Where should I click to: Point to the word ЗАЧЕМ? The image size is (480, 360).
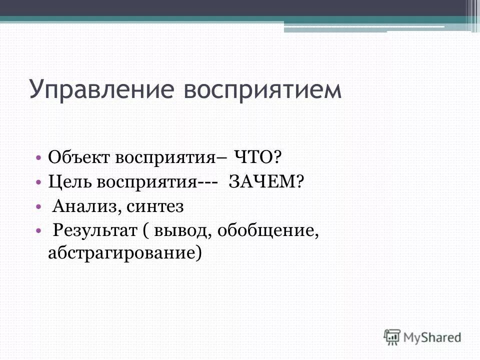[x=266, y=181]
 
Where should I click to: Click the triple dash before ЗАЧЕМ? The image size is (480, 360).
[x=206, y=181]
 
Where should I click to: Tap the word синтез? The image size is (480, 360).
[x=155, y=205]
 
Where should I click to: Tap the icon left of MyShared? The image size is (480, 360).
[x=392, y=336]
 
